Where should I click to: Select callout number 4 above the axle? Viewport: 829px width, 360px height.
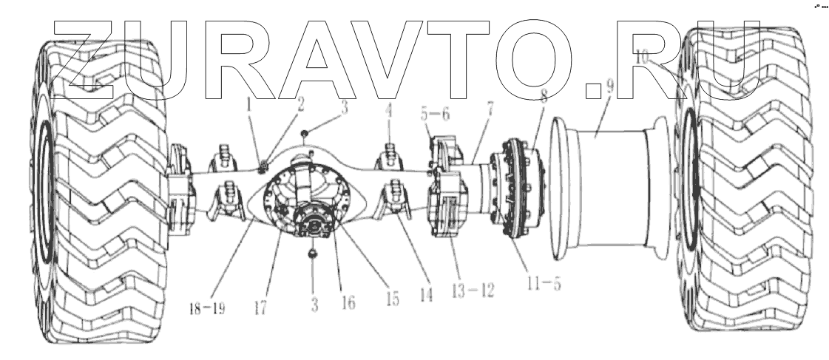pos(390,115)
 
